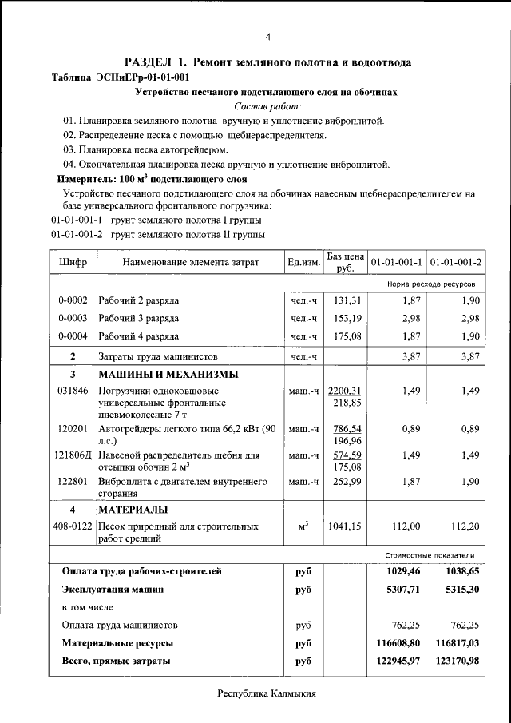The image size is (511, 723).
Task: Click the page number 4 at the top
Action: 267,37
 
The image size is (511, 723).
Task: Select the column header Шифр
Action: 73,263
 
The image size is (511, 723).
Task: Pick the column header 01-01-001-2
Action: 455,263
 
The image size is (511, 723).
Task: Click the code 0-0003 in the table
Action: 73,319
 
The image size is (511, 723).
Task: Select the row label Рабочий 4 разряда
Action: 138,336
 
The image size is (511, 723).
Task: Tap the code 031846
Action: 73,391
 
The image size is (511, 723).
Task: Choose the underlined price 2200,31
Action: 346,391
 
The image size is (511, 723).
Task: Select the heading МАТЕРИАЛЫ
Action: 133,510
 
